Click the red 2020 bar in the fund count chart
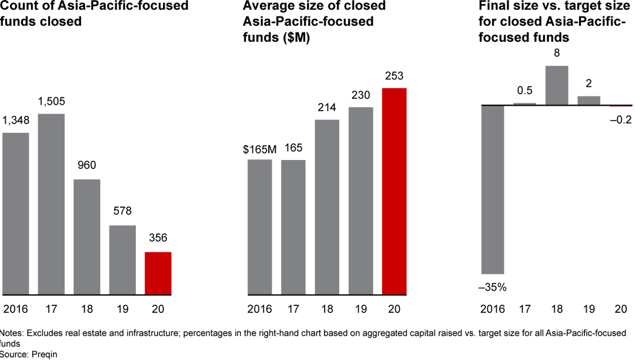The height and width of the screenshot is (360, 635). (x=158, y=273)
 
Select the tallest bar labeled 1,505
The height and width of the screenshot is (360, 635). (x=51, y=204)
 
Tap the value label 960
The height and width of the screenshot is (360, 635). (x=86, y=165)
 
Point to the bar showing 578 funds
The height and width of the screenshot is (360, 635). (x=122, y=259)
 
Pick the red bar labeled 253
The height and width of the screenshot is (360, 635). (x=394, y=191)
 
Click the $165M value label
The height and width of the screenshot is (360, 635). (x=259, y=149)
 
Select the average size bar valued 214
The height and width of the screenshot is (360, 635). (x=327, y=206)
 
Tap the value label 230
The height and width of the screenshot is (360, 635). (x=360, y=96)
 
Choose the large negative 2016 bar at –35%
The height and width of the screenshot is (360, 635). (x=493, y=189)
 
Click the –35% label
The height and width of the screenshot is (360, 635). (x=493, y=288)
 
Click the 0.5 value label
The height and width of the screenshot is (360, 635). (x=524, y=91)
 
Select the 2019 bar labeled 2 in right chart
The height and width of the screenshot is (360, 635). (x=589, y=101)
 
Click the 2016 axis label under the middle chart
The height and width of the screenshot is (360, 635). (x=259, y=309)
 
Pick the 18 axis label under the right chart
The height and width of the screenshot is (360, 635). (x=556, y=309)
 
